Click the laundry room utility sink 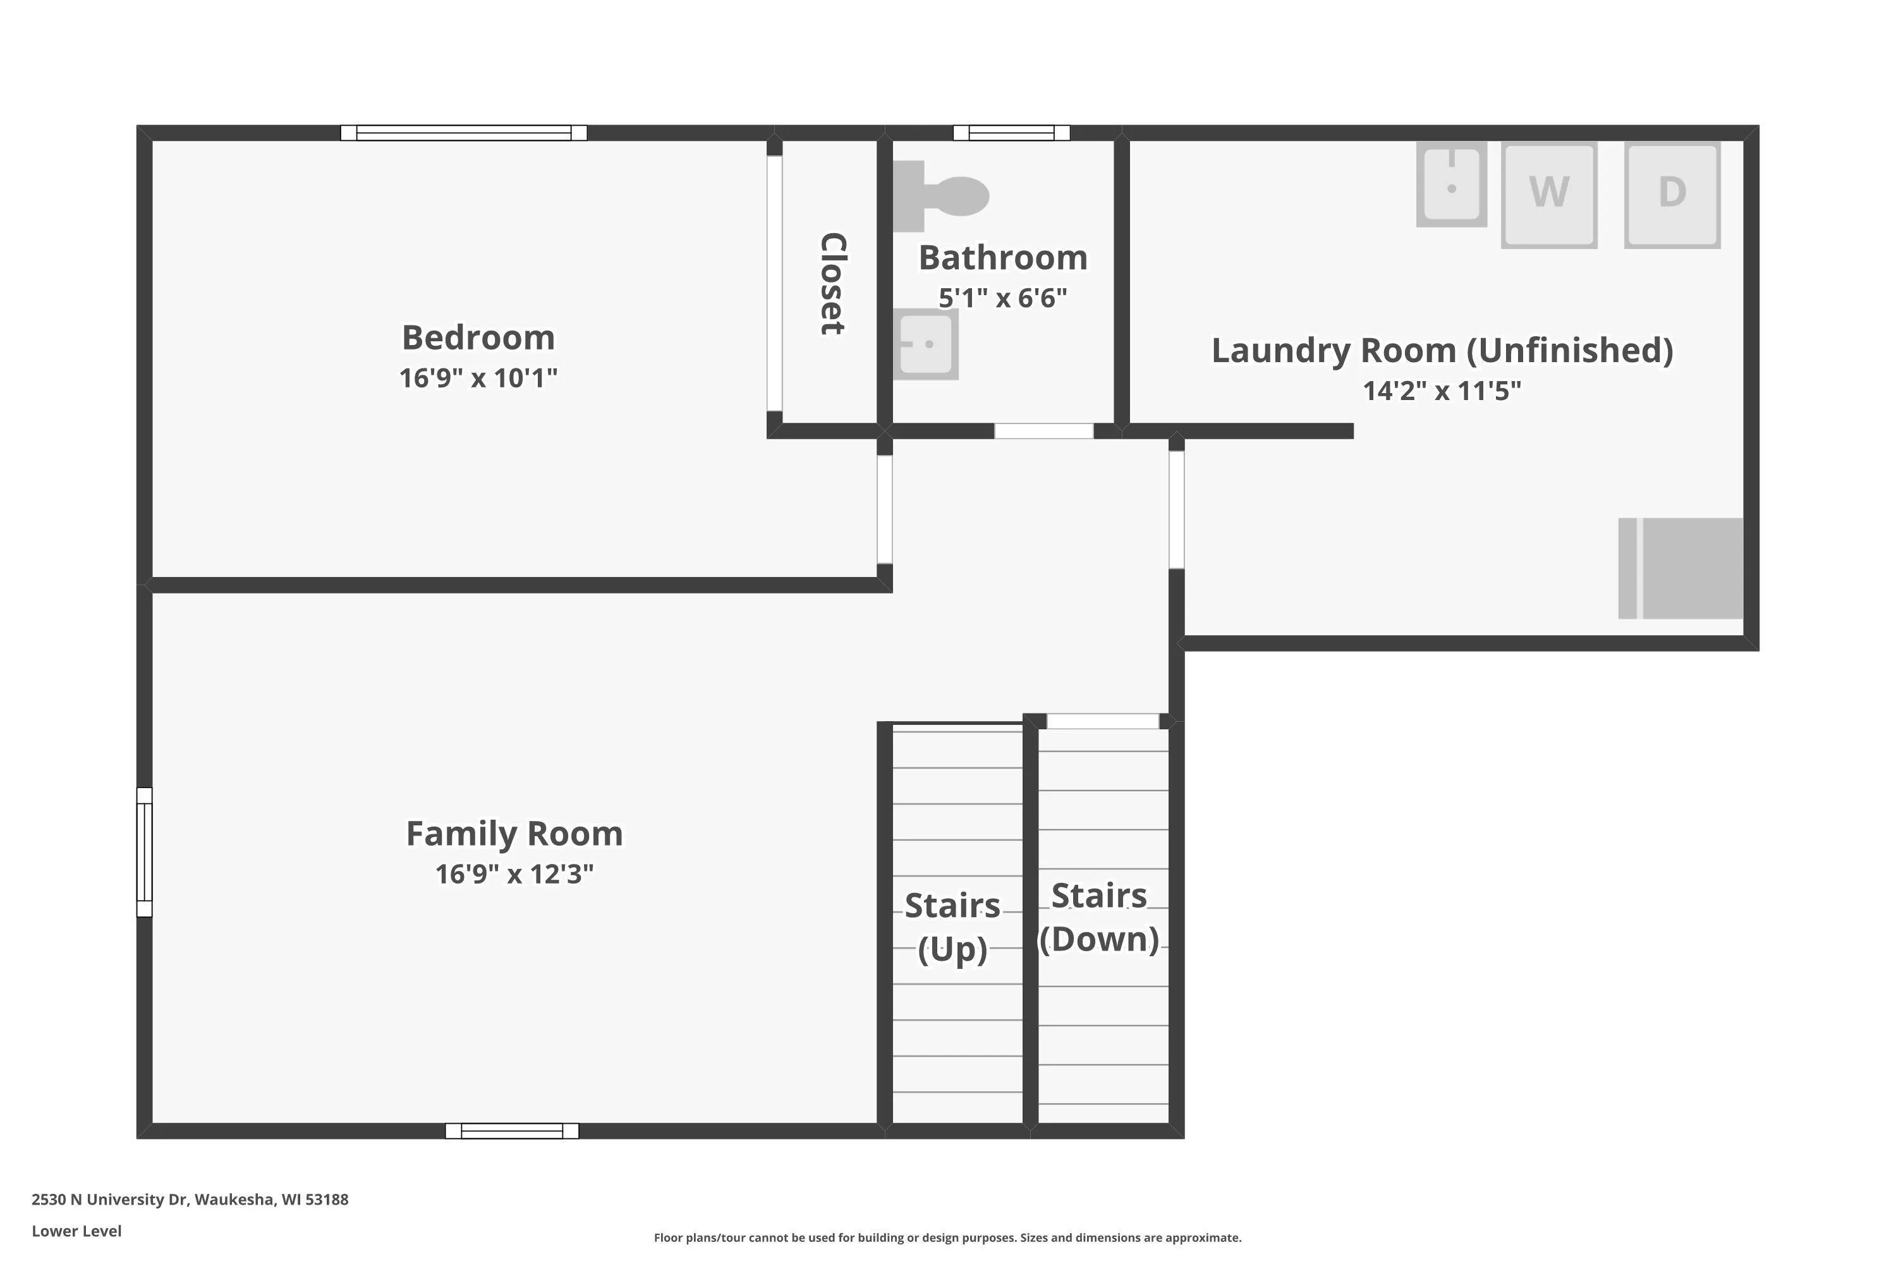[1451, 185]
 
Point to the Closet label [832, 284]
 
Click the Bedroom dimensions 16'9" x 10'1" [478, 377]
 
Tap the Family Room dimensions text [514, 874]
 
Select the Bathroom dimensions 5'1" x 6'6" [1003, 298]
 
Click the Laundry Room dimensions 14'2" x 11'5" [1442, 391]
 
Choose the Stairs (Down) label [1099, 918]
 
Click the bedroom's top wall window [463, 133]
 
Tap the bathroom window [1012, 133]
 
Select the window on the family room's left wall [144, 852]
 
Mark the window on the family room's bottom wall [512, 1131]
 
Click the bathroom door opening [1044, 431]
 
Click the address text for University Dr [190, 1200]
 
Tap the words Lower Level [76, 1231]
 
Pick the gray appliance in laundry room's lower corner [1680, 568]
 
